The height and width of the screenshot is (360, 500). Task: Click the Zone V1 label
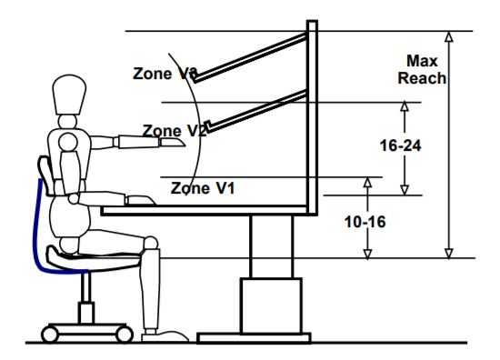click(204, 188)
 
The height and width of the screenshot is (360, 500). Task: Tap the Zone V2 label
click(175, 131)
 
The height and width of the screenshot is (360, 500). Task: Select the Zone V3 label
click(165, 74)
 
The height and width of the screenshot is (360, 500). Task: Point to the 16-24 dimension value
click(399, 145)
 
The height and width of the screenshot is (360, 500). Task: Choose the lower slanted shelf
click(249, 115)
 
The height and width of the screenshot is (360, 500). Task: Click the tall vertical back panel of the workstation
click(313, 114)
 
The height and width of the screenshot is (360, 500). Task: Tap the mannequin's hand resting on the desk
click(139, 198)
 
